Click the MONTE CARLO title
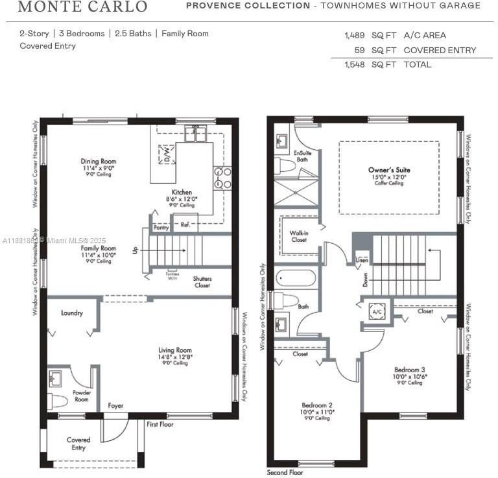[x=82, y=7]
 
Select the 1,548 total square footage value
[x=355, y=64]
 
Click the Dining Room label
[x=99, y=161]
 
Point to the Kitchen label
[x=182, y=193]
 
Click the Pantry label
[x=161, y=228]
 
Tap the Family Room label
[x=99, y=248]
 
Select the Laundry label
[x=72, y=313]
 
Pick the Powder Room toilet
[x=58, y=400]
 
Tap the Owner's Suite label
[x=389, y=170]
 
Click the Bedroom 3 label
[x=409, y=370]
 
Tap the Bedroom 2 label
[x=318, y=405]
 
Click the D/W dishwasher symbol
[x=167, y=155]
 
